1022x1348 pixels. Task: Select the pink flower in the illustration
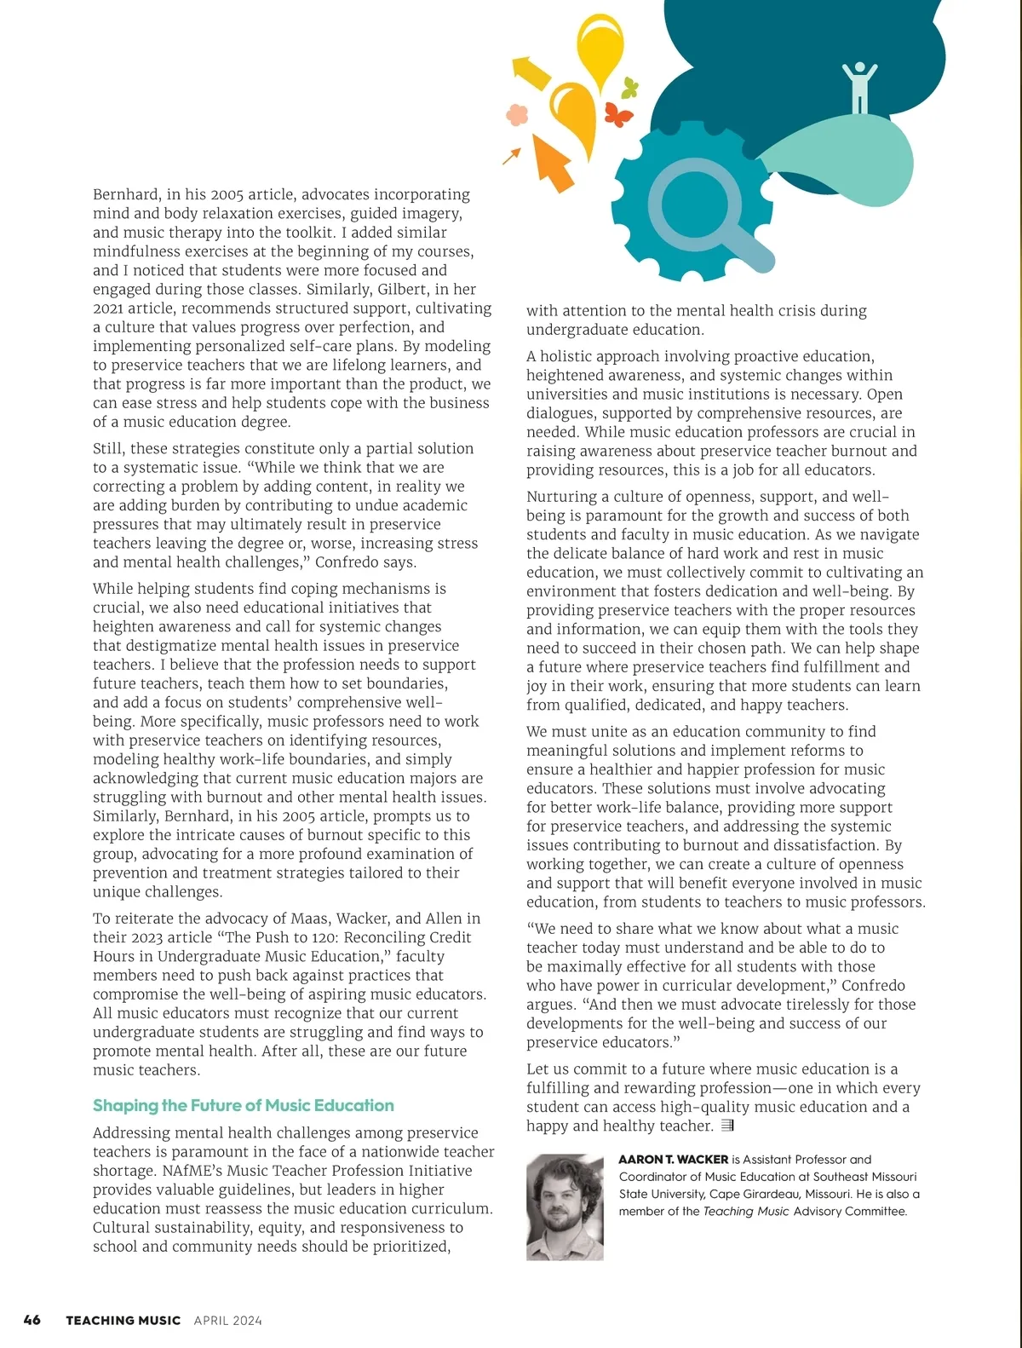pos(517,113)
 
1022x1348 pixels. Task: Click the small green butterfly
pos(630,87)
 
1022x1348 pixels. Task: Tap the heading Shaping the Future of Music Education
pos(243,1105)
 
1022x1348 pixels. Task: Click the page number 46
pos(32,1320)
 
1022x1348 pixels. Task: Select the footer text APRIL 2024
pos(228,1321)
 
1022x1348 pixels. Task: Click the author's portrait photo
pos(565,1207)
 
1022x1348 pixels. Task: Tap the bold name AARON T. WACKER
pos(673,1160)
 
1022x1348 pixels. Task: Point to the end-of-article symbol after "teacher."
pos(726,1126)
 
